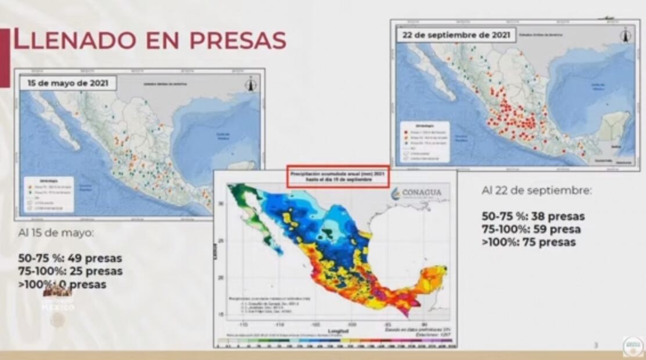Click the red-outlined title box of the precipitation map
(x=338, y=178)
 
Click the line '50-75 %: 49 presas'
(x=70, y=258)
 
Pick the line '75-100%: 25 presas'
(x=70, y=271)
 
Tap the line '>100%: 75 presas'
(x=529, y=242)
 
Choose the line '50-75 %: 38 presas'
(x=533, y=217)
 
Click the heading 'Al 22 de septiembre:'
(x=536, y=190)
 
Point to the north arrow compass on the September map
(x=625, y=35)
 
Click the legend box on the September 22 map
(x=429, y=141)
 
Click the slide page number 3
(x=595, y=345)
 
